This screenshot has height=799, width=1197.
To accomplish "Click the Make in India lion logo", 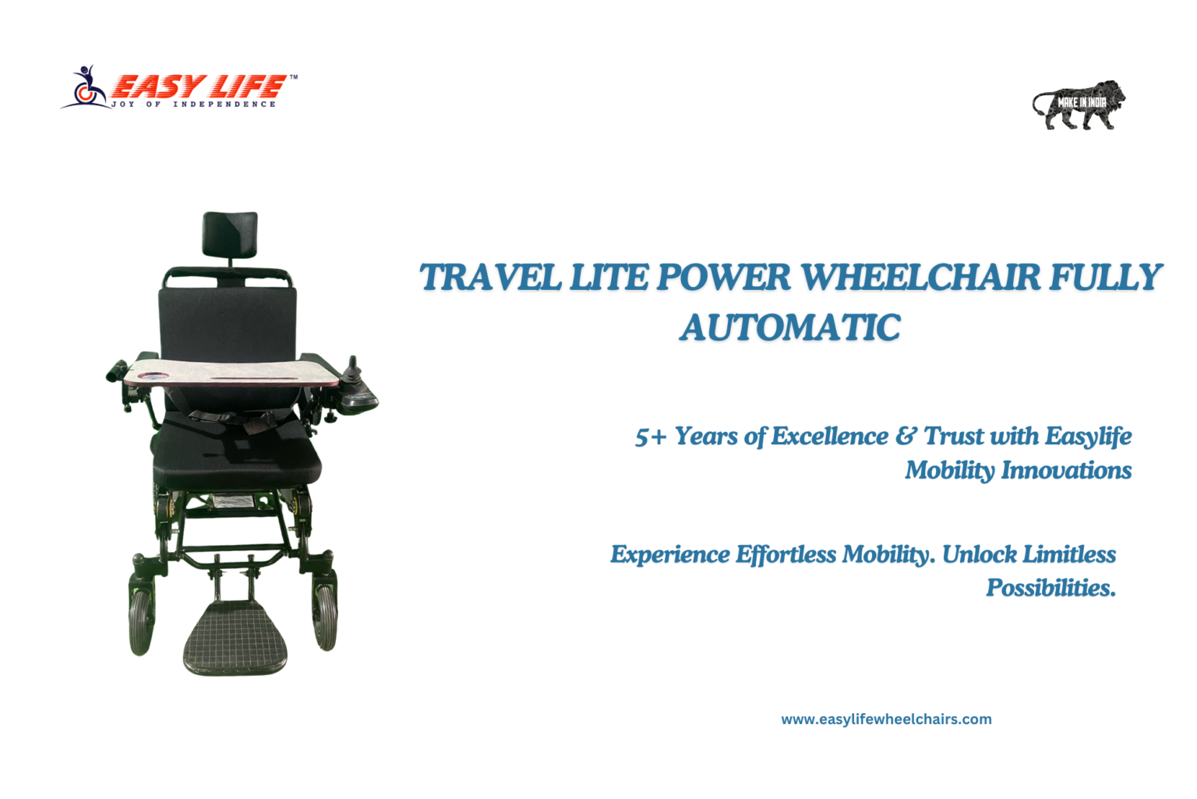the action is (1079, 104).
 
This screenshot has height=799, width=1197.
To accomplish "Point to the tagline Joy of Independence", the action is (193, 104).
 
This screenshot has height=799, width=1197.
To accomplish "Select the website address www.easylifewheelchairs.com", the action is (886, 719).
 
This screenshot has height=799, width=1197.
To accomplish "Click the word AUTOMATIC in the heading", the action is (789, 327).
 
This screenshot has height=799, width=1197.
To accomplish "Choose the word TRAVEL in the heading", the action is (490, 277).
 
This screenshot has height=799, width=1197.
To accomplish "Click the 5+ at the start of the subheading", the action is (651, 437).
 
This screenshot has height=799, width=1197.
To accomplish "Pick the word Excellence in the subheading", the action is (829, 436).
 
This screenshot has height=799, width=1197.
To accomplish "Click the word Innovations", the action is (1066, 470).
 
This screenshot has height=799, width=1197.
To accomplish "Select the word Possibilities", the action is (1050, 588).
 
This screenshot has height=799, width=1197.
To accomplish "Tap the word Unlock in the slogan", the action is (980, 554).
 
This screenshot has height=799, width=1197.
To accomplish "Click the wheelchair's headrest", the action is (230, 234).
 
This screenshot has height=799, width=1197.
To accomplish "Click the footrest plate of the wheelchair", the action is (235, 637).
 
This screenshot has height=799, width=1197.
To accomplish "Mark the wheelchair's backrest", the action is (227, 323).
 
